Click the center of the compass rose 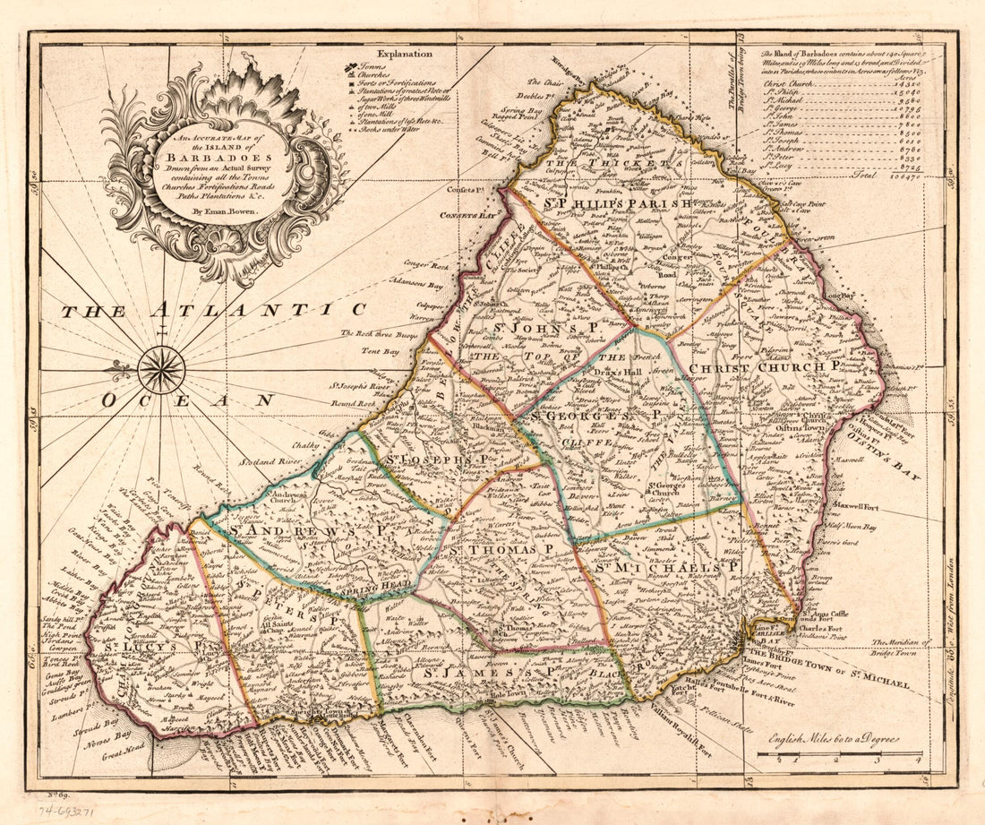pyautogui.click(x=161, y=369)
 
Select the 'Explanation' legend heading pyautogui.click(x=404, y=55)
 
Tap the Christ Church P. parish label pyautogui.click(x=766, y=366)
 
